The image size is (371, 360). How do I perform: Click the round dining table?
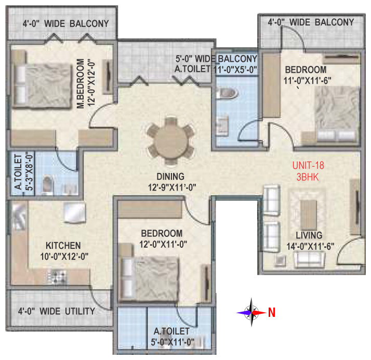170,141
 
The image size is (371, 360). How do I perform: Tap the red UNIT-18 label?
308,165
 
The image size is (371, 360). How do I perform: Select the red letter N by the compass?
272,312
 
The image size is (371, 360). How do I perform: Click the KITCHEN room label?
63,246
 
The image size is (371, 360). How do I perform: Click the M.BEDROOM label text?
81,84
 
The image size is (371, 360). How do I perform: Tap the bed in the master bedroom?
43,86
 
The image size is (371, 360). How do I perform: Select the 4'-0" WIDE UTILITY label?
57,311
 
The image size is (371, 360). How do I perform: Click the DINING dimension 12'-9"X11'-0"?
172,188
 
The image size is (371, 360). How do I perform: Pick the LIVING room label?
309,235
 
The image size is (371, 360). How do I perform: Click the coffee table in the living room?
308,214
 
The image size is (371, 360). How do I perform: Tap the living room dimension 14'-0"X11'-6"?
310,246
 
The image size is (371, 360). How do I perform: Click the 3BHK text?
308,177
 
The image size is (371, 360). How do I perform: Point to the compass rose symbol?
251,312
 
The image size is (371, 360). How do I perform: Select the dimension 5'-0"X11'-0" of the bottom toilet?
173,342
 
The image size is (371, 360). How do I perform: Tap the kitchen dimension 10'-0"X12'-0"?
64,256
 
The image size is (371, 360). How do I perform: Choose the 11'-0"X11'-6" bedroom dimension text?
308,81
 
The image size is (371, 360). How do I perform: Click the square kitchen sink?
74,212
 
